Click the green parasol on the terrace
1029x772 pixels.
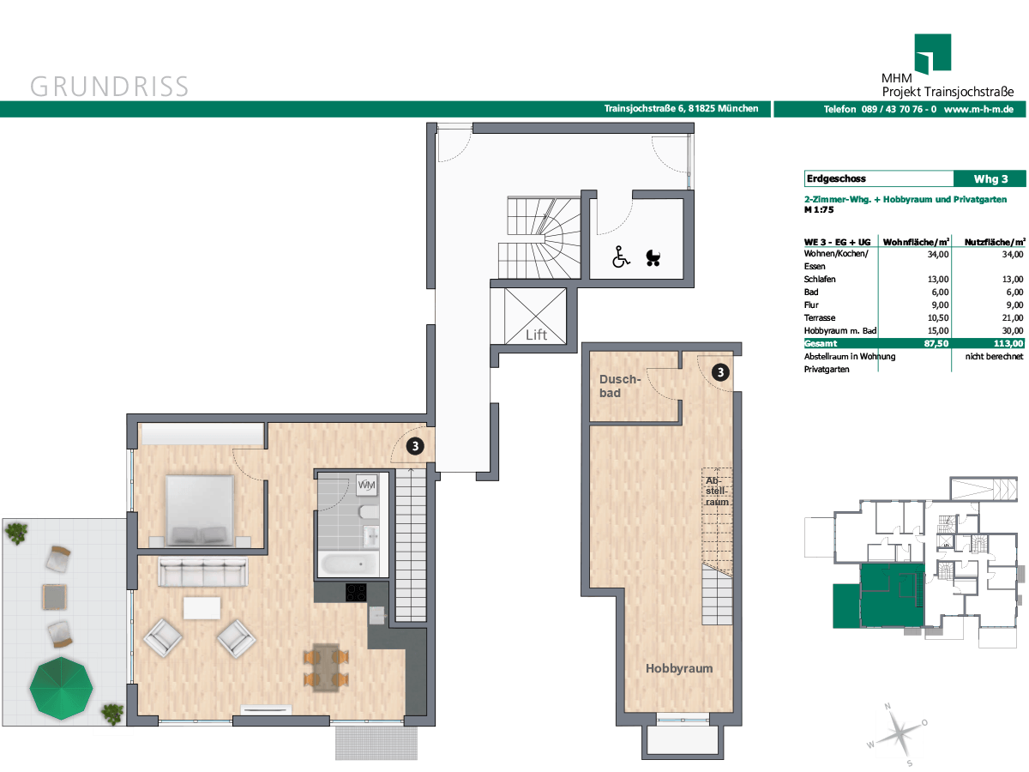coord(61,688)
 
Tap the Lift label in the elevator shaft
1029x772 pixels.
coord(536,335)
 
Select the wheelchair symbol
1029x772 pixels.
coord(621,256)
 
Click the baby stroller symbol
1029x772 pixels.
coord(653,257)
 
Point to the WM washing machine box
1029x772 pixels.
coord(366,485)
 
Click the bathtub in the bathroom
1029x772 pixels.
coord(348,564)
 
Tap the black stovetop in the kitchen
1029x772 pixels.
coord(356,592)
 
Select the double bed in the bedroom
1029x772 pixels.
coord(200,510)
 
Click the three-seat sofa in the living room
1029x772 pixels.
coord(203,571)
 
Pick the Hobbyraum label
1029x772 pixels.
coord(679,668)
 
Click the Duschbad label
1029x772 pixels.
coord(619,386)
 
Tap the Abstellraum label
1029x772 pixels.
coord(717,492)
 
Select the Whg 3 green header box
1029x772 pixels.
coord(990,179)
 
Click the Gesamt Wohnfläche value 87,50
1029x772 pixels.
coord(936,344)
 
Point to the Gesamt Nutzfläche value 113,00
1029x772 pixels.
coord(1008,344)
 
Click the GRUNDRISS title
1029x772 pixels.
coord(109,87)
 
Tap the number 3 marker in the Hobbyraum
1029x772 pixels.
coord(720,372)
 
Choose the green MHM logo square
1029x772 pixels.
coord(932,53)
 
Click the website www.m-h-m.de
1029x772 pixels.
coord(978,109)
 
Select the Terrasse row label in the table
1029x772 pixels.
coord(820,317)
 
